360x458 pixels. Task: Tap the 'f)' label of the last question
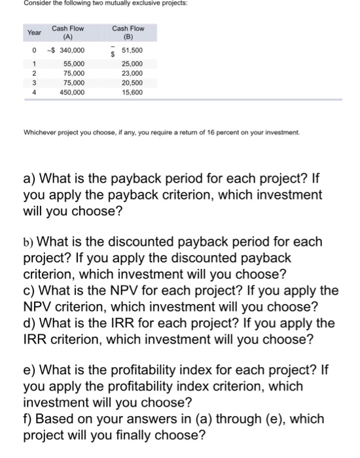[x=28, y=417]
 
